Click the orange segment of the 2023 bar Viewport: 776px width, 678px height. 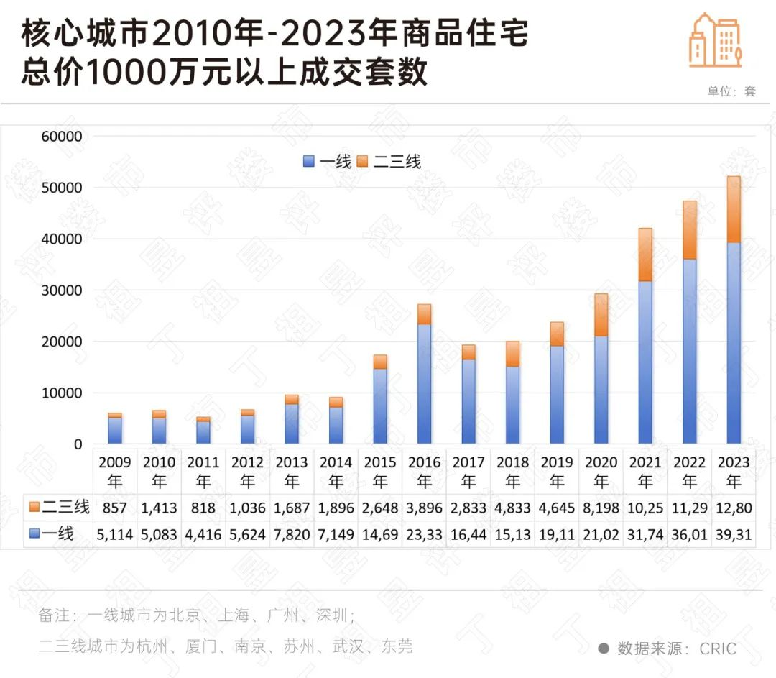coord(734,209)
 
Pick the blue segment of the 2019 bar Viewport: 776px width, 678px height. coord(557,395)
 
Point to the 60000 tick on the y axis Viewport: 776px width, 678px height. coord(64,137)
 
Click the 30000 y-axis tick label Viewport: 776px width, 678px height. coord(64,290)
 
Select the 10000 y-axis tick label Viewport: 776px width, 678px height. coord(64,393)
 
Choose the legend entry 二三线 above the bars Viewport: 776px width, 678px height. coord(395,162)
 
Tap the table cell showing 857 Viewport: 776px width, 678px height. coord(115,508)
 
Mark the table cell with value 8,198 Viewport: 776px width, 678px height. coord(601,508)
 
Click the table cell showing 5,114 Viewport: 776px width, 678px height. coord(115,535)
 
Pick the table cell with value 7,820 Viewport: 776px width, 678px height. coord(292,535)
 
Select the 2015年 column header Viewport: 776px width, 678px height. coord(380,471)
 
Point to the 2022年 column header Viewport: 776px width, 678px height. coord(689,471)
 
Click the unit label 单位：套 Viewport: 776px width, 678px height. coord(731,91)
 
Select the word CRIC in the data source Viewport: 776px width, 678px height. coord(718,649)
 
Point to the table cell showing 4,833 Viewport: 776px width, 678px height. coord(512,508)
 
